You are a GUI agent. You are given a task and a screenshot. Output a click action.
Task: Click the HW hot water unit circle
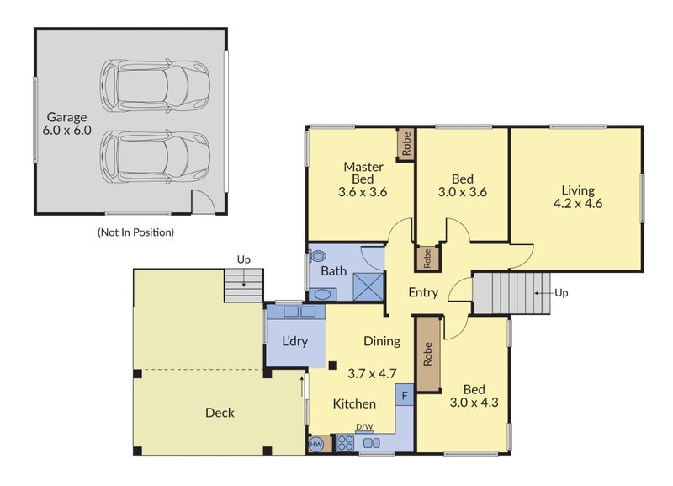[316, 445]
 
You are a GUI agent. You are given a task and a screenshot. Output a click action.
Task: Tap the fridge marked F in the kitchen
[405, 395]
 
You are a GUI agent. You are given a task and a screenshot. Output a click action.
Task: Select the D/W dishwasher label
[364, 427]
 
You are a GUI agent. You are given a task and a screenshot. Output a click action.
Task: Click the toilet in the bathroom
[318, 256]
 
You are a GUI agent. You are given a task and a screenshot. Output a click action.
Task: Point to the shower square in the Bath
[368, 286]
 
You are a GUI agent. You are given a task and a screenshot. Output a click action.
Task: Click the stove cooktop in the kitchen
[345, 443]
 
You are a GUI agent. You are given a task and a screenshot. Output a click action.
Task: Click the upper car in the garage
[155, 86]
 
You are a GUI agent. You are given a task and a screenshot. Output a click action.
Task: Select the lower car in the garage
[155, 158]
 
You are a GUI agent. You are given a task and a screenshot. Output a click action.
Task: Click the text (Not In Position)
[135, 232]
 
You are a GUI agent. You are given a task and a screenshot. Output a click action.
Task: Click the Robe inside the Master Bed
[405, 144]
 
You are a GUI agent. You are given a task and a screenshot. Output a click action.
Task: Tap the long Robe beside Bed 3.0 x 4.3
[428, 354]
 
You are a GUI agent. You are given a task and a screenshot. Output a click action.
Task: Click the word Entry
[423, 292]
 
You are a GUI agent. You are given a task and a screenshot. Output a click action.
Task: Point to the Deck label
[220, 413]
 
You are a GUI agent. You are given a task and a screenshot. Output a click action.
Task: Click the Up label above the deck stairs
[244, 260]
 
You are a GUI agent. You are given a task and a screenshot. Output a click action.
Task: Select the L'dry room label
[295, 342]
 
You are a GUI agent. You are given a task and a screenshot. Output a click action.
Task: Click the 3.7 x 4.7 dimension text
[372, 373]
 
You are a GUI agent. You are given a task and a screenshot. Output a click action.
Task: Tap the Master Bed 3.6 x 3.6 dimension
[363, 192]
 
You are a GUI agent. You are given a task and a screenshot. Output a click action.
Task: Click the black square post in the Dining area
[332, 366]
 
